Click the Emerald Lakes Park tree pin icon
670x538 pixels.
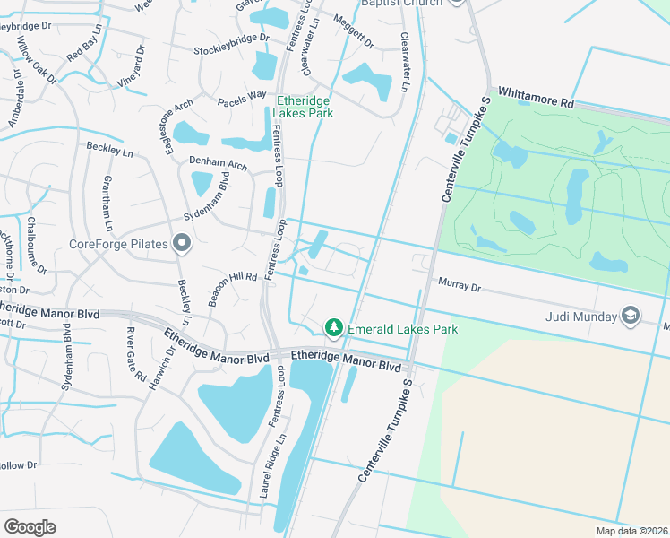pos(334,329)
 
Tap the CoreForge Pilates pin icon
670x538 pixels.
pos(182,243)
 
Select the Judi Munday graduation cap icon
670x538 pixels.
pos(631,316)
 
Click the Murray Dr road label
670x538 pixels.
pos(460,286)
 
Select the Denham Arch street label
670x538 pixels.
pos(218,164)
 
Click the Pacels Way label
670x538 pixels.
pos(242,97)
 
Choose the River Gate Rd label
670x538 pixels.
pos(136,354)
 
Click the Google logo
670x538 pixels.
pos(30,527)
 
